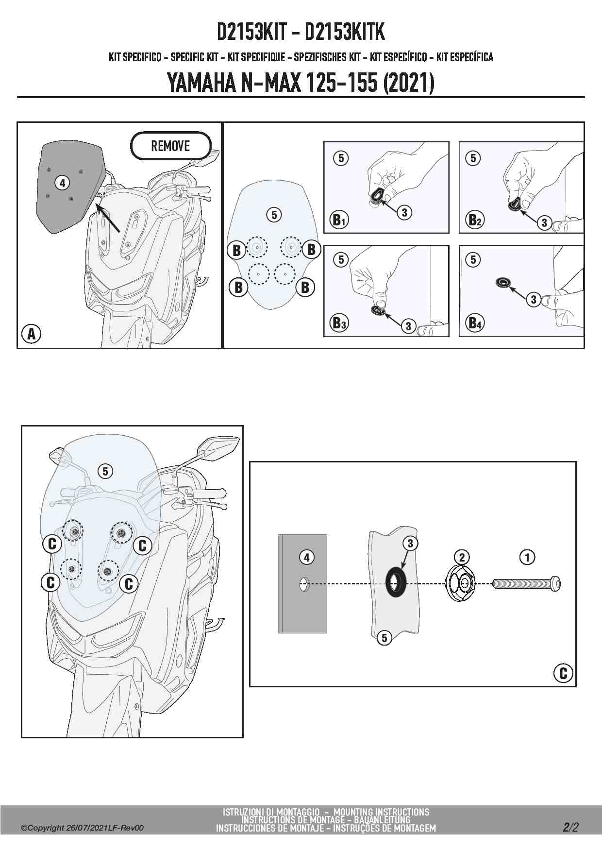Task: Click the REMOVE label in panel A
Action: pos(170,146)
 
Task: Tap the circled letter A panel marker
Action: pos(32,334)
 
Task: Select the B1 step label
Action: pos(339,220)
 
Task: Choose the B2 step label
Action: pos(475,220)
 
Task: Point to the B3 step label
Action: pos(339,323)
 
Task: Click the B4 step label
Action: pos(475,323)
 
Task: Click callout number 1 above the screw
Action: pos(527,557)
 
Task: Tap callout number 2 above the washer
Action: pos(462,557)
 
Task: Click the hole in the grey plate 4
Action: pos(303,584)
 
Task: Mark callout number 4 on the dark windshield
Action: pos(62,183)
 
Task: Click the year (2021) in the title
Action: pos(408,83)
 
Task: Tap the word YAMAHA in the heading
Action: pos(200,83)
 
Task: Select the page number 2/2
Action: pos(571,827)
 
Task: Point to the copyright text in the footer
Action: pos(83,828)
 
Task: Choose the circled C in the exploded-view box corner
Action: pos(563,673)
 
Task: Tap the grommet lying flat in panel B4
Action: pos(504,282)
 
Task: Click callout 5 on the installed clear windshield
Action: pos(105,471)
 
